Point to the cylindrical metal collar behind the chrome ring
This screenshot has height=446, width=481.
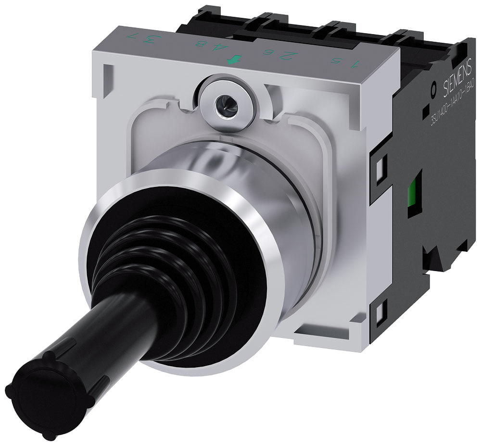[x=269, y=183]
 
